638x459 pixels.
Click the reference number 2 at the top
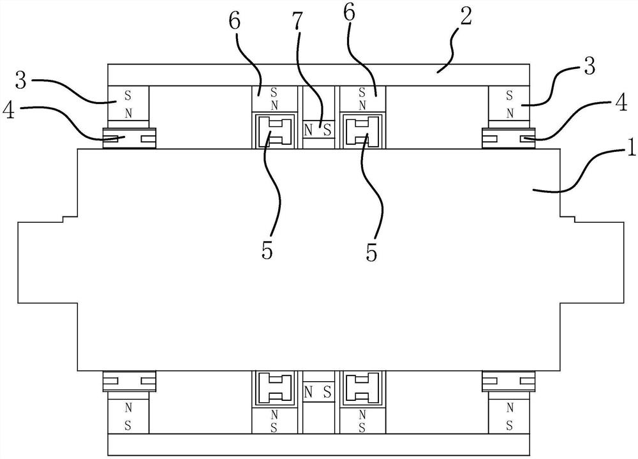(x=466, y=18)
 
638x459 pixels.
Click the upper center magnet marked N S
(x=318, y=130)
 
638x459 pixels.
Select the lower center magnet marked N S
(x=318, y=391)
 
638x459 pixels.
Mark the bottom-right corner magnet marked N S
(x=508, y=417)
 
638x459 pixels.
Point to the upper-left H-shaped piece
(x=275, y=132)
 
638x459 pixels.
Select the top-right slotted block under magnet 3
(x=508, y=137)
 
